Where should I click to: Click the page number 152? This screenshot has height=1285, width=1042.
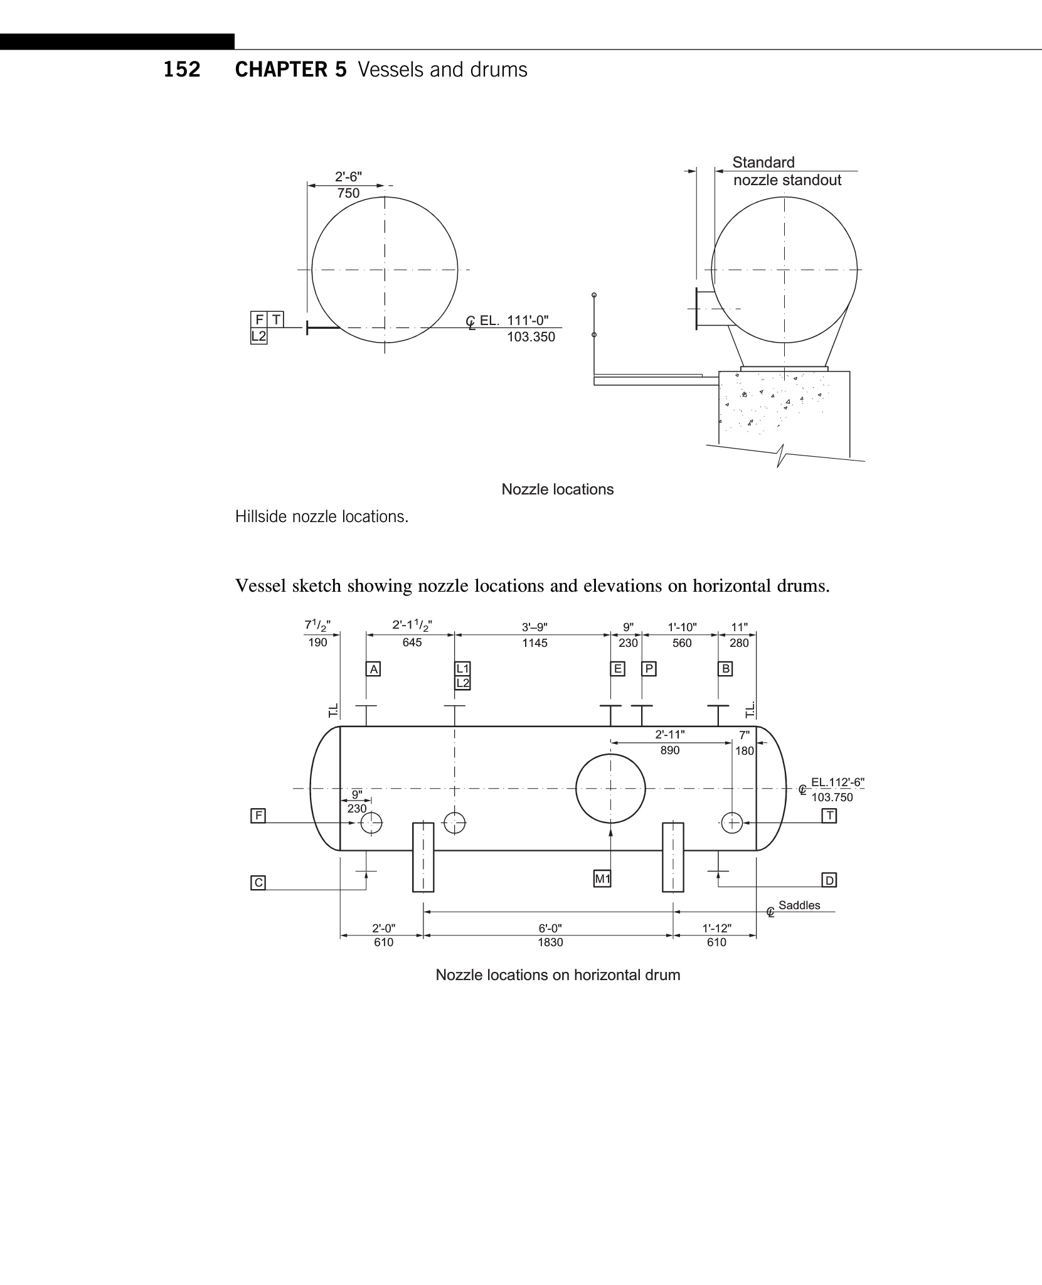coord(182,69)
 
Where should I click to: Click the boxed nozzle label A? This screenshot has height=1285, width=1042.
coord(374,669)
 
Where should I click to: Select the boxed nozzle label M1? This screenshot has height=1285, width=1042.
coord(602,879)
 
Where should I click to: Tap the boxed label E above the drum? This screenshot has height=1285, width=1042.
coord(618,669)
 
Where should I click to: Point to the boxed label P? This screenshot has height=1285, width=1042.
coord(649,669)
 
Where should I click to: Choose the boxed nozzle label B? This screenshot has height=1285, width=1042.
coord(726,669)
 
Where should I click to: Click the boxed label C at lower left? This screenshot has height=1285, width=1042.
coord(258,883)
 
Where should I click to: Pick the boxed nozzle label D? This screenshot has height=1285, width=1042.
coord(829,880)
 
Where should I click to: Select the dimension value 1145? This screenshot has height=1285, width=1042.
coord(534,643)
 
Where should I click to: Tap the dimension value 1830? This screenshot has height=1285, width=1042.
coord(550,942)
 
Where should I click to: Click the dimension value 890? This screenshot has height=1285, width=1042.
coord(670,750)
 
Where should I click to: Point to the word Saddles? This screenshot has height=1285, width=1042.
coord(799,905)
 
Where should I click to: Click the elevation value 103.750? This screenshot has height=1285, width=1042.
coord(832,797)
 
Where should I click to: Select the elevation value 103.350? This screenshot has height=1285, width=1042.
coord(531,337)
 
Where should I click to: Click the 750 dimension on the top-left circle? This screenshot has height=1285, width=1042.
coord(348,193)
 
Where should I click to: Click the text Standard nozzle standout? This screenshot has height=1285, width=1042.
coord(787,171)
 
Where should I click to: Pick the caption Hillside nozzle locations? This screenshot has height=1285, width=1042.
coord(322,517)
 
